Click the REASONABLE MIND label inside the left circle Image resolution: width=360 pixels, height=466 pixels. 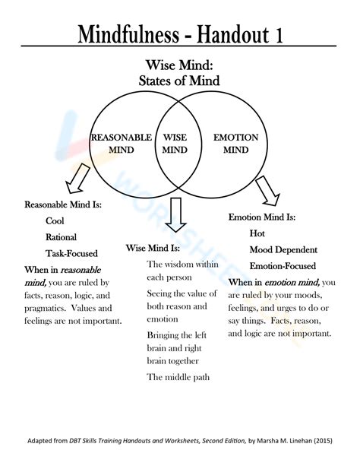[x=122, y=143]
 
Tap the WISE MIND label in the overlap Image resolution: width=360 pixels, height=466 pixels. [x=175, y=143]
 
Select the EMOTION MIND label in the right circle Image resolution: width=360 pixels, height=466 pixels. [x=236, y=143]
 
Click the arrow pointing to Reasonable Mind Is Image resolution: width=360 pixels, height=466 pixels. [x=77, y=179]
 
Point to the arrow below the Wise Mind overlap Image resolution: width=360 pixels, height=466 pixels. [x=176, y=214]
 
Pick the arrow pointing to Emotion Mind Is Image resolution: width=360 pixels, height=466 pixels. [x=268, y=191]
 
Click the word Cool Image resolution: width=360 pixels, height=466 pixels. [x=55, y=220]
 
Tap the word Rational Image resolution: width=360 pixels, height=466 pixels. [x=61, y=237]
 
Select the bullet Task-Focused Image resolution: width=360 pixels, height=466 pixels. [x=71, y=253]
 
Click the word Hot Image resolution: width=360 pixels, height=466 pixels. [x=257, y=233]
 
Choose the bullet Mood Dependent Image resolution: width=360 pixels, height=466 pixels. [x=283, y=249]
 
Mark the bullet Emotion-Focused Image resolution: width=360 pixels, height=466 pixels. [x=283, y=266]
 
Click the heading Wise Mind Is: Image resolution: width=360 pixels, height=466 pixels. [x=153, y=248]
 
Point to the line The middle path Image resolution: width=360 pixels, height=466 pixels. [x=178, y=377]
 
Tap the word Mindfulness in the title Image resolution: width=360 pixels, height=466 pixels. [x=128, y=34]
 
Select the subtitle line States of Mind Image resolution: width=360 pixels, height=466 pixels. [x=179, y=81]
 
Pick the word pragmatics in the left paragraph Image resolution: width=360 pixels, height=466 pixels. [x=45, y=309]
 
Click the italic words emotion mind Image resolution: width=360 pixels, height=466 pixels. [x=292, y=282]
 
